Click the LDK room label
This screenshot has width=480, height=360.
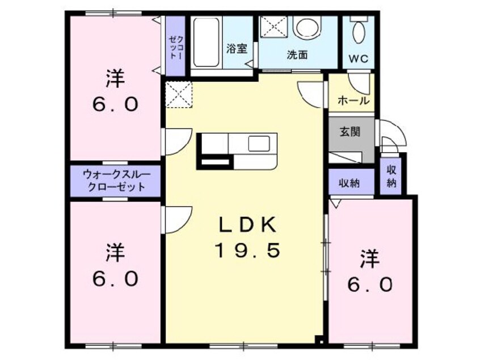click(x=247, y=225)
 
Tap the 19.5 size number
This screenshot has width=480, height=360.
click(x=247, y=250)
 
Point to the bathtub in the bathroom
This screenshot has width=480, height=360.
click(x=206, y=42)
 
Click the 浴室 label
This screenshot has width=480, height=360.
click(x=237, y=49)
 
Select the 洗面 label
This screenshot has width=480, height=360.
click(x=297, y=55)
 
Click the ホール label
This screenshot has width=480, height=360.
click(x=353, y=101)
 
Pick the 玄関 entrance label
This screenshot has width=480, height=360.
click(x=350, y=132)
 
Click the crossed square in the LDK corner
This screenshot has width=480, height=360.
click(x=179, y=94)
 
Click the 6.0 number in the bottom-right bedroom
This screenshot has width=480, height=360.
click(x=370, y=284)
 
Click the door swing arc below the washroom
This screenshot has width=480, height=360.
click(x=310, y=91)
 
